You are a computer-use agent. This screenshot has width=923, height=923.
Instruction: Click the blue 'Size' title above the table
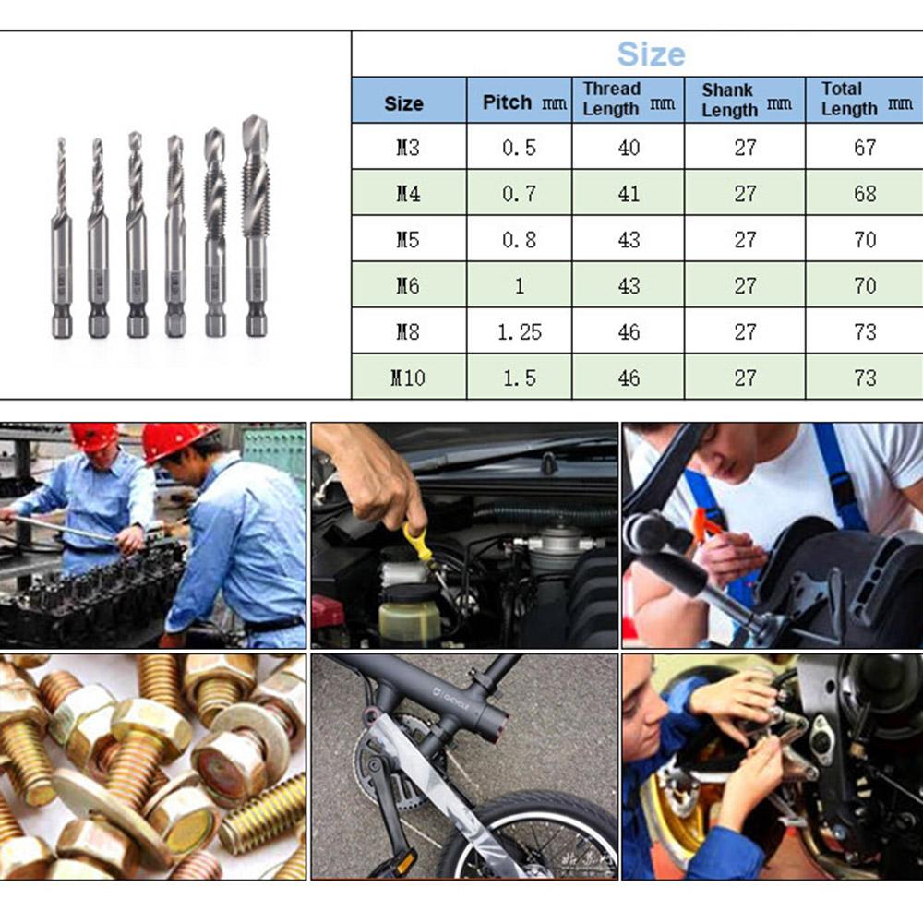(651, 54)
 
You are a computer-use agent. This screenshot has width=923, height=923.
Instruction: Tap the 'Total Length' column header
(864, 99)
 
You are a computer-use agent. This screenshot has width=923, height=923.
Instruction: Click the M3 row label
(407, 148)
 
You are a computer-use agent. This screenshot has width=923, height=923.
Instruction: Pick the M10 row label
(407, 378)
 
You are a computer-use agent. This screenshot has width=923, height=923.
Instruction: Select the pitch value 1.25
(519, 331)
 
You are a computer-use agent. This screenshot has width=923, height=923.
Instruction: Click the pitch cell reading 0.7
(519, 194)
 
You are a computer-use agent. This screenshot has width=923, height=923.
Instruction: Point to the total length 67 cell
(864, 148)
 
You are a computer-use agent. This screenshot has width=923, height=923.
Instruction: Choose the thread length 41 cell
(629, 194)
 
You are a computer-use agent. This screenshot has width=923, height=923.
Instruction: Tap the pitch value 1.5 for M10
(519, 378)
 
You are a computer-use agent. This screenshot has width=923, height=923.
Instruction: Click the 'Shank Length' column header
(744, 100)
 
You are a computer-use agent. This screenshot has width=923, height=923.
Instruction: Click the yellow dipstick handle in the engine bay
(421, 545)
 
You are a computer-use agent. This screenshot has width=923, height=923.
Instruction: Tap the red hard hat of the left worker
(95, 436)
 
